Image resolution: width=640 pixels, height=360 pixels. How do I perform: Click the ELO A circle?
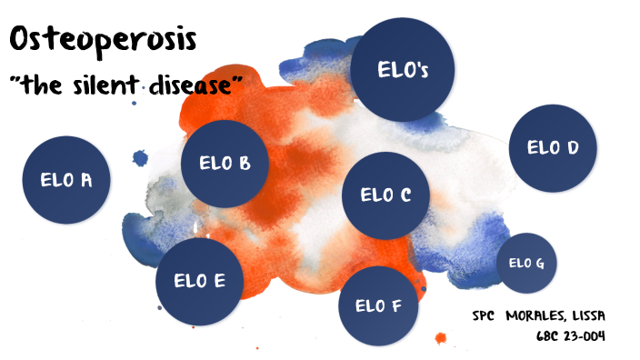(x=65, y=180)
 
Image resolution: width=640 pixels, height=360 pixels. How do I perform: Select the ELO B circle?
(x=225, y=164)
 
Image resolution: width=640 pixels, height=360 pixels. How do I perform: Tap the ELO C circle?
(x=386, y=195)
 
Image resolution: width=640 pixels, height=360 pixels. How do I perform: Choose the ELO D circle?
(x=553, y=148)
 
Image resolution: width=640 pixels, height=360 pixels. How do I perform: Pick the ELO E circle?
(x=199, y=281)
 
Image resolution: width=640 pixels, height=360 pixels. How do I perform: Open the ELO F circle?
(x=378, y=305)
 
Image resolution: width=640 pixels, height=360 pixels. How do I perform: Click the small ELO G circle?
(x=526, y=264)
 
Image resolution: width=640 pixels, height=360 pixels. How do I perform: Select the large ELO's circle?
(x=403, y=70)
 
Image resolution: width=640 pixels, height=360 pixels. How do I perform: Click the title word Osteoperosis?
(x=103, y=41)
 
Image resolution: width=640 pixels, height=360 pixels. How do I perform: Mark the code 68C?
(x=549, y=335)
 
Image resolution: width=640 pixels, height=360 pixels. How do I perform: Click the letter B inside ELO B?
(x=245, y=164)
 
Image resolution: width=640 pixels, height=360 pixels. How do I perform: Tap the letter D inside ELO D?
(x=573, y=148)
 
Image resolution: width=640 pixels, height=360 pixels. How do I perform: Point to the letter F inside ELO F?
(x=396, y=305)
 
